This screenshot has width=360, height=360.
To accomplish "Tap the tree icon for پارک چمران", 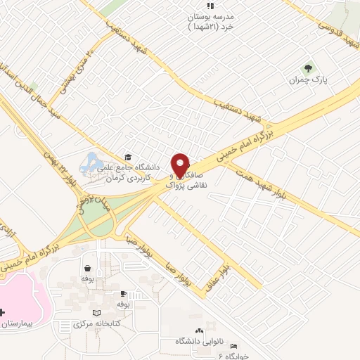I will [x=307, y=69].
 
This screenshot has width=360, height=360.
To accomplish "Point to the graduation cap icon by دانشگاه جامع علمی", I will [x=127, y=157].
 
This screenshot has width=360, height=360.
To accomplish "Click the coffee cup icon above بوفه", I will [x=124, y=294].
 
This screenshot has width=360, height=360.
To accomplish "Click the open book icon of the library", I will [x=97, y=313].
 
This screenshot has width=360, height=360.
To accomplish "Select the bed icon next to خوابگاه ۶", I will [x=234, y=347].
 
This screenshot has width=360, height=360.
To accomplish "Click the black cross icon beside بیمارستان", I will [x=2, y=311].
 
